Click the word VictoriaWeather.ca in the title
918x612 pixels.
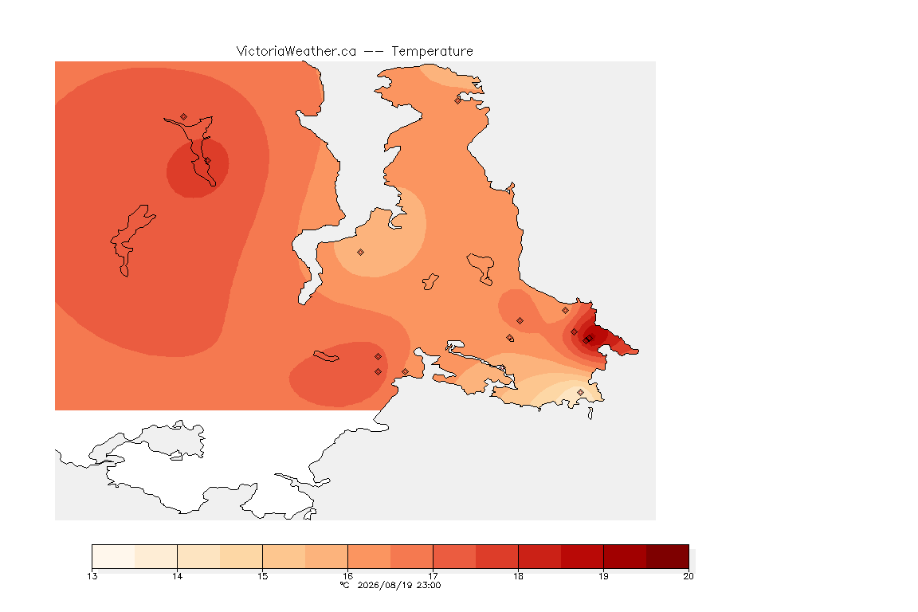pyautogui.click(x=296, y=52)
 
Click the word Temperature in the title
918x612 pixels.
pyautogui.click(x=432, y=52)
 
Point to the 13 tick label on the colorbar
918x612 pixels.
pyautogui.click(x=92, y=576)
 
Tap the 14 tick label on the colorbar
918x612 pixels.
pyautogui.click(x=178, y=576)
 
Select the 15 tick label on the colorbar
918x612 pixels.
pyautogui.click(x=262, y=576)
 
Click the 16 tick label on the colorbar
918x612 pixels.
pyautogui.click(x=347, y=576)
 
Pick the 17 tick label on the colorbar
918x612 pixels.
pyautogui.click(x=433, y=576)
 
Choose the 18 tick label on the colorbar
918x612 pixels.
pyautogui.click(x=518, y=576)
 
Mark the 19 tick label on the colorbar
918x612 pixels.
pyautogui.click(x=603, y=576)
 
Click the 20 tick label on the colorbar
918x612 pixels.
pyautogui.click(x=688, y=576)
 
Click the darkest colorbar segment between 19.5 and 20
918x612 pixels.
pyautogui.click(x=668, y=556)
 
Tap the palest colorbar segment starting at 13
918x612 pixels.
pyautogui.click(x=114, y=556)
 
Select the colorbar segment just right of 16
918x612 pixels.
pyautogui.click(x=369, y=556)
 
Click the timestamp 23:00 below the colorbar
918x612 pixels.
pyautogui.click(x=428, y=585)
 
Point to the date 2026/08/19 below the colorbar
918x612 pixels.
pyautogui.click(x=382, y=585)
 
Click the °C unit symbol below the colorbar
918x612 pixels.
pyautogui.click(x=345, y=585)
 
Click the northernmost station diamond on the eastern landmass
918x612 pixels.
pyautogui.click(x=458, y=100)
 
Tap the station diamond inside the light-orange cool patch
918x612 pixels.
pyautogui.click(x=361, y=253)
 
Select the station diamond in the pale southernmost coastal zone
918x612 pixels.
pyautogui.click(x=580, y=392)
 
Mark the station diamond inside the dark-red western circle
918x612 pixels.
pyautogui.click(x=207, y=160)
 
